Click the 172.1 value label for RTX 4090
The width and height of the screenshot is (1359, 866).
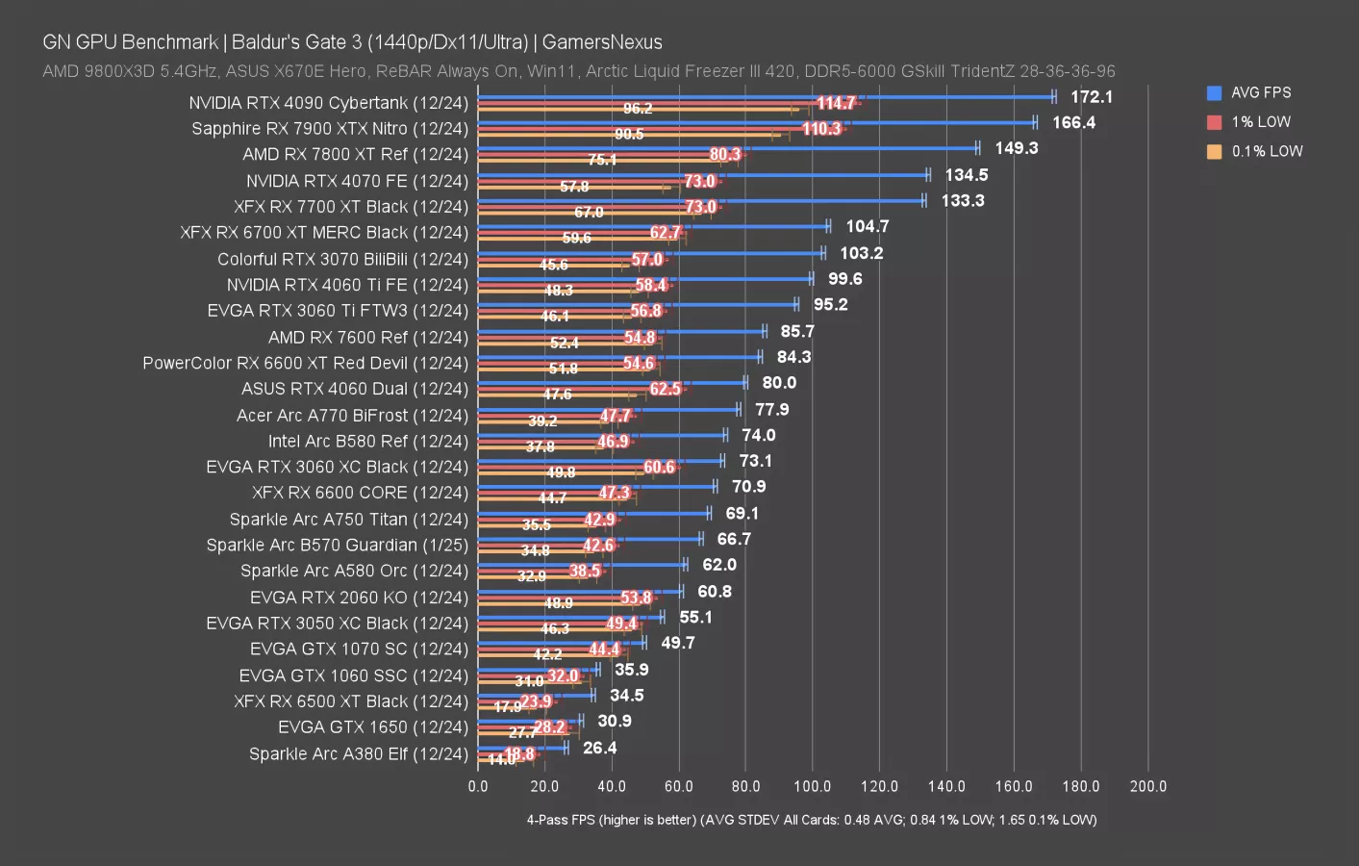tap(1092, 97)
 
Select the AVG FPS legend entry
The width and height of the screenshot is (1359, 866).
tap(1260, 92)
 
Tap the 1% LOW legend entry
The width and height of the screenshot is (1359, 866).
tap(1260, 122)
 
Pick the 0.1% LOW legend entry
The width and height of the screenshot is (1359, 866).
tap(1266, 151)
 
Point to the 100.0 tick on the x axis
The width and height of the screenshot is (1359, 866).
tap(813, 786)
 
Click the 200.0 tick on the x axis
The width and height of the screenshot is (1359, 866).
tap(1147, 786)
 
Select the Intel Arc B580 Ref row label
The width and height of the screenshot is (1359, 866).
tap(367, 442)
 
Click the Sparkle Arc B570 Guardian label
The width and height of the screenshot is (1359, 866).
tap(337, 546)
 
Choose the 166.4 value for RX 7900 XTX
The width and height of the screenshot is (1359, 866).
tap(1073, 123)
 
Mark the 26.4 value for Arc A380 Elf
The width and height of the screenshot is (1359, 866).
tap(600, 748)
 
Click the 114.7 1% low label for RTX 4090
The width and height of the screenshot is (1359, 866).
tap(836, 103)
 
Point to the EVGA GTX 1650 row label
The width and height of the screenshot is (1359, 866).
tap(372, 727)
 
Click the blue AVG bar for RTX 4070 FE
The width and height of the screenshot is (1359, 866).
tap(702, 174)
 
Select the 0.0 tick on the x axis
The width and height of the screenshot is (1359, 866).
tap(478, 786)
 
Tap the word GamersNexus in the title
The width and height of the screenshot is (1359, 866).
tap(602, 42)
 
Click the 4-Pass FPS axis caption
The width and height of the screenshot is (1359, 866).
tap(811, 820)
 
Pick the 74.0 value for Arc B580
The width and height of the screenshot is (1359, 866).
tap(759, 436)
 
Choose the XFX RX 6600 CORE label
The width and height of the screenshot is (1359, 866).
tap(360, 493)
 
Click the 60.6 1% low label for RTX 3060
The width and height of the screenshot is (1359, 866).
tap(659, 468)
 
